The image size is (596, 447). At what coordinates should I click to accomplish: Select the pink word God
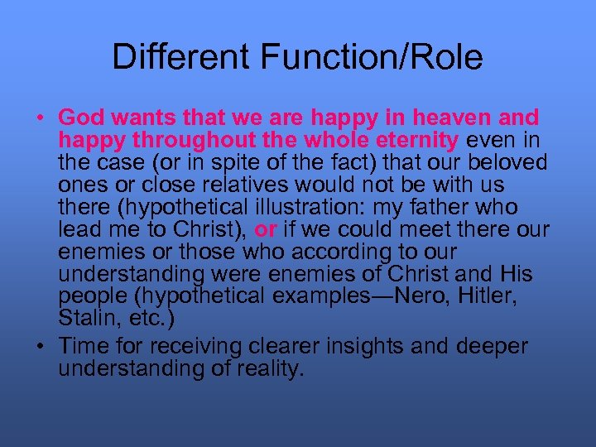pyautogui.click(x=79, y=118)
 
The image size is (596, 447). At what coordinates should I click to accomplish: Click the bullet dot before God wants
pyautogui.click(x=39, y=118)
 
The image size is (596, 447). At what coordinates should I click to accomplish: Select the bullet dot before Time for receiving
pyautogui.click(x=39, y=346)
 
